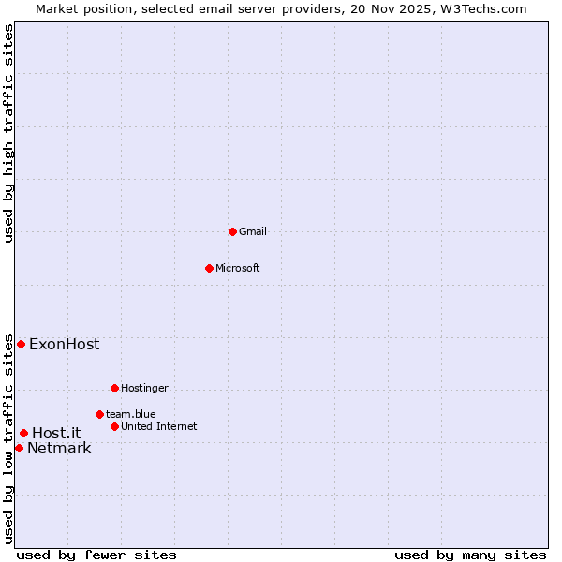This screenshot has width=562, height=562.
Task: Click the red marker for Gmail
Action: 232,231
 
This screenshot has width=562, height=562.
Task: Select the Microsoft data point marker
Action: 209,268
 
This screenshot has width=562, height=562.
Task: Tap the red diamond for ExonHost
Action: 21,344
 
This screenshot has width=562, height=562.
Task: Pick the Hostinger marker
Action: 114,388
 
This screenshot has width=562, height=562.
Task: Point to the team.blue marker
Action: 99,414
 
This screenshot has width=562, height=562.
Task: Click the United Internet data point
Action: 114,426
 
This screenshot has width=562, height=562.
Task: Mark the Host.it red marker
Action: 23,433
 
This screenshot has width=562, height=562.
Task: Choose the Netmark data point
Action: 19,448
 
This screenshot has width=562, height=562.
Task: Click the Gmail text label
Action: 253,231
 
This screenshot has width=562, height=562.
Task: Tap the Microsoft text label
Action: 238,268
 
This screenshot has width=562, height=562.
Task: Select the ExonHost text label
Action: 64,344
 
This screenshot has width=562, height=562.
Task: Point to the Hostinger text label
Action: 144,388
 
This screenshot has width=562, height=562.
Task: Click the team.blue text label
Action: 130,414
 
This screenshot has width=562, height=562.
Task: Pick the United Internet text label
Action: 158,426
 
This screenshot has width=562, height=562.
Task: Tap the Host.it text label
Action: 56,433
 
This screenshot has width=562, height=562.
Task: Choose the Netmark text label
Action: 59,448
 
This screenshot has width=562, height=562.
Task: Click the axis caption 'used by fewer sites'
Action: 96,555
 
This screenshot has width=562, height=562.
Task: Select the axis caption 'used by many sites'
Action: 470,555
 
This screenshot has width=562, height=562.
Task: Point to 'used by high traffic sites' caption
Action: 8,133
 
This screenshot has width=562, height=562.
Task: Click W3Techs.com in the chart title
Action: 482,8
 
